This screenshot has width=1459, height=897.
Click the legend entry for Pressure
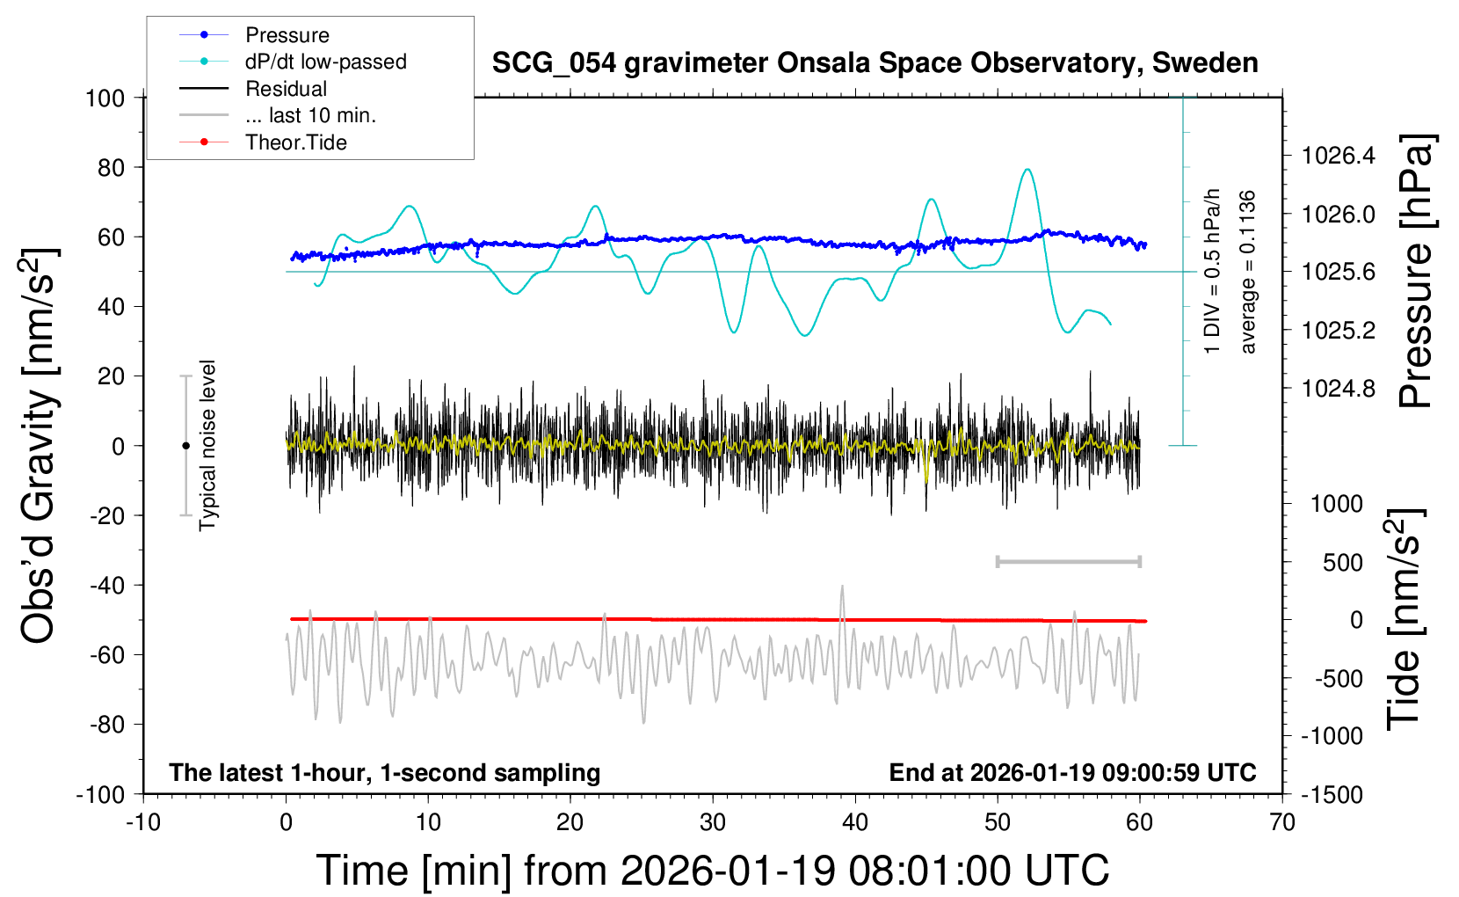[x=287, y=35]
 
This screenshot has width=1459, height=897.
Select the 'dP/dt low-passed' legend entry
[x=325, y=62]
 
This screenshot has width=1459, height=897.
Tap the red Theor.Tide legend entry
[x=295, y=142]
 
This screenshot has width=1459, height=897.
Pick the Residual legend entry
[x=286, y=89]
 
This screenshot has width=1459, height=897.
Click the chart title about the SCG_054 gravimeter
[x=875, y=63]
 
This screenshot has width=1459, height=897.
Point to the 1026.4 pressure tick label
[x=1338, y=156]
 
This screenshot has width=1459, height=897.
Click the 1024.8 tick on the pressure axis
[x=1338, y=388]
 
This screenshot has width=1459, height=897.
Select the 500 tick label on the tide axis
[x=1342, y=563]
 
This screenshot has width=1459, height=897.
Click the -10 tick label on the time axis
[x=143, y=823]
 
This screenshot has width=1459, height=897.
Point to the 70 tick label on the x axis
[x=1282, y=823]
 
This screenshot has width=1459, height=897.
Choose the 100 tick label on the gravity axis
[x=105, y=98]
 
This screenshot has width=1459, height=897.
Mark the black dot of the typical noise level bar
[x=185, y=446]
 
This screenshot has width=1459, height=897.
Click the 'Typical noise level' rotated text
[x=207, y=445]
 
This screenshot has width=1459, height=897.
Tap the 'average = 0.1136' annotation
[x=1248, y=272]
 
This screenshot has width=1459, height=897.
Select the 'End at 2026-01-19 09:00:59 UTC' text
[x=1072, y=773]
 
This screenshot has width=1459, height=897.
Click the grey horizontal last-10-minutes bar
[x=1068, y=561]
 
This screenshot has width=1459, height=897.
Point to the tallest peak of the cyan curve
[x=1027, y=170]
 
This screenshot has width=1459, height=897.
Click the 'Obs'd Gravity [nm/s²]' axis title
[x=40, y=445]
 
